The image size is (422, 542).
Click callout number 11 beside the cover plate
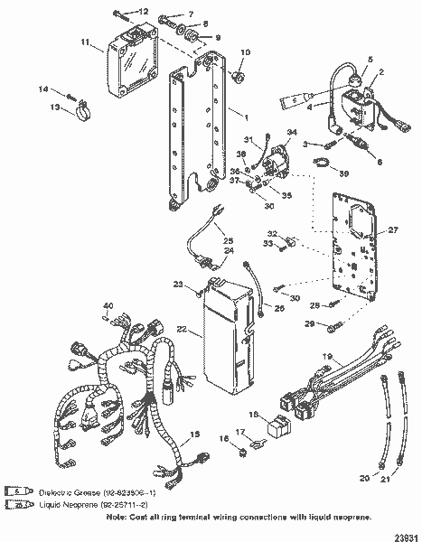(x=84, y=42)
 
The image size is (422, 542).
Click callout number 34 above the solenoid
(x=291, y=133)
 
